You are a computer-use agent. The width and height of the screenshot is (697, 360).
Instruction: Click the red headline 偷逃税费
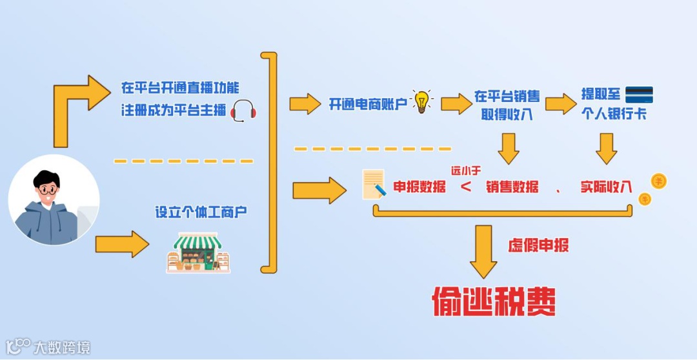point(494,301)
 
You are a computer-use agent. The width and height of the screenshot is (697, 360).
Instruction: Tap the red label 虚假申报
point(539,246)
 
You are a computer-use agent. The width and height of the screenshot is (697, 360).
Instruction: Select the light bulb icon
point(421,102)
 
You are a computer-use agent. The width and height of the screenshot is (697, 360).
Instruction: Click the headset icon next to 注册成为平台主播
point(243,111)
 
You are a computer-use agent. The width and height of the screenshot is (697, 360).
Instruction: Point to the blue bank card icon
point(639,95)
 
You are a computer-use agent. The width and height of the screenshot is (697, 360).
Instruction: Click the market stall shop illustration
point(198,253)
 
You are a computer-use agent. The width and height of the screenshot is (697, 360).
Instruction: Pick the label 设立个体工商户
point(201,212)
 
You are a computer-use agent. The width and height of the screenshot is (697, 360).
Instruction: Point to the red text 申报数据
point(419,187)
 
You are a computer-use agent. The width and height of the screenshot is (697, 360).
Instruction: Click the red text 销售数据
point(512,187)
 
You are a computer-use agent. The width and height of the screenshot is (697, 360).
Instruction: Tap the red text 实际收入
point(605,186)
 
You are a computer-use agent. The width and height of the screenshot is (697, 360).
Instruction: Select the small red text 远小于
point(466,170)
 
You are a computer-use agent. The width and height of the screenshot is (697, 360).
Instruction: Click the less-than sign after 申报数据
point(466,187)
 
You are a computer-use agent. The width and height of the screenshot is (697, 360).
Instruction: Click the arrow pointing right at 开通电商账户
point(305,103)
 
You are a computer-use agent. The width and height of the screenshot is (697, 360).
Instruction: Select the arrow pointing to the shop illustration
point(122,245)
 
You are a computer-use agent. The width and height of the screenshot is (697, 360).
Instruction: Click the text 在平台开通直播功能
point(179,88)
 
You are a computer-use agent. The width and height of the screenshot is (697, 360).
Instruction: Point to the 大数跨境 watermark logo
point(48,347)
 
